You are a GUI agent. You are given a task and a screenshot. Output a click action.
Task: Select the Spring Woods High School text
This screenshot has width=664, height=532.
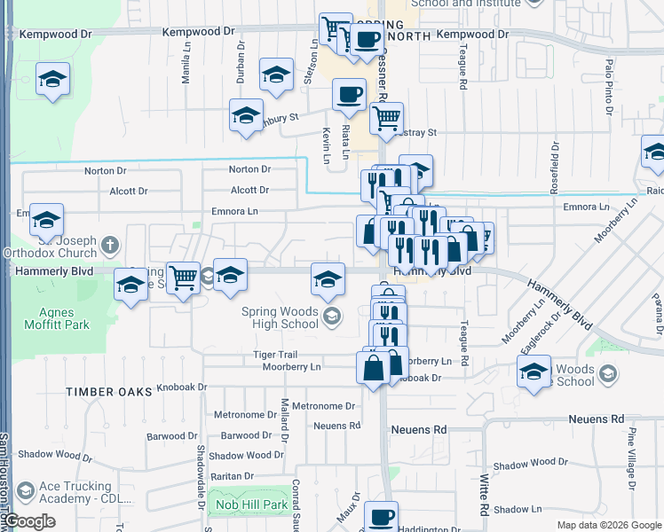[280, 317]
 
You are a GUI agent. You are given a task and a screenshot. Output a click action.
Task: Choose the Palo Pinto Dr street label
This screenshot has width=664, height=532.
[610, 88]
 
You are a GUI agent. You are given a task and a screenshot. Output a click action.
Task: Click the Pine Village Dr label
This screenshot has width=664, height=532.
[632, 458]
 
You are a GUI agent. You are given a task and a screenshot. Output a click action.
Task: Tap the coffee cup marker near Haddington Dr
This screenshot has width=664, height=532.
[382, 517]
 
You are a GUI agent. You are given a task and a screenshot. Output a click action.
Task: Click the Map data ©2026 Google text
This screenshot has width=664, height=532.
[609, 525]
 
